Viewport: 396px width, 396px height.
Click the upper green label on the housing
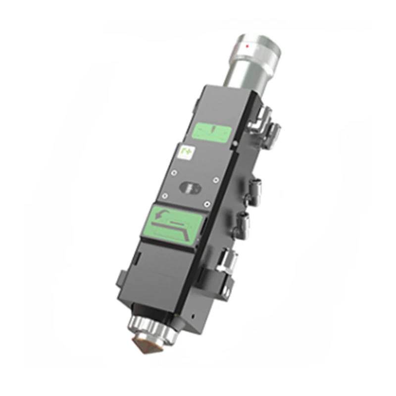tap(211, 132)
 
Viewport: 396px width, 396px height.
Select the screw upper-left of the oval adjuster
tap(174, 173)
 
